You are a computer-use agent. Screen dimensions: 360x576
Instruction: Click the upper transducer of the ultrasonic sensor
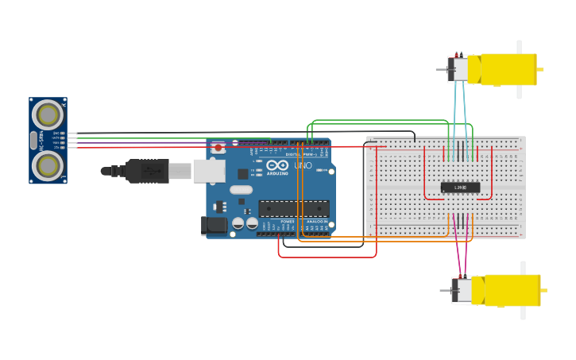coord(48,114)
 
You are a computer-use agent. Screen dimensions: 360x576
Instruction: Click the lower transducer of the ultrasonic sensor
coord(48,165)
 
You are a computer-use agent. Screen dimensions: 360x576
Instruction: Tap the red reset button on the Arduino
coord(218,148)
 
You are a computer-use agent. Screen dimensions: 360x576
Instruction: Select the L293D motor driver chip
coord(461,188)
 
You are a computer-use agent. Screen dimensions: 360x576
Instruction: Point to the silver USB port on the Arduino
coord(208,170)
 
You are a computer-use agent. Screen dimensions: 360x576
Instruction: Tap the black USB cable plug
coord(146,170)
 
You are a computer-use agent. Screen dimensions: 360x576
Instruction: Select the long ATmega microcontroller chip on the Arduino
coord(294,208)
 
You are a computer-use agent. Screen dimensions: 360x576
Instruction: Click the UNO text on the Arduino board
coord(303,165)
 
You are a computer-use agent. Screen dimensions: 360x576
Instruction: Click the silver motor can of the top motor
coord(460,69)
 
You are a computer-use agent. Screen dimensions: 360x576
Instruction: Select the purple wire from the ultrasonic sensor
coord(143,142)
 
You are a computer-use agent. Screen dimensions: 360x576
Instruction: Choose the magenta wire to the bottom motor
coord(458,254)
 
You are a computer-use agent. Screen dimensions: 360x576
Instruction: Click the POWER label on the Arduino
coord(287,222)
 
